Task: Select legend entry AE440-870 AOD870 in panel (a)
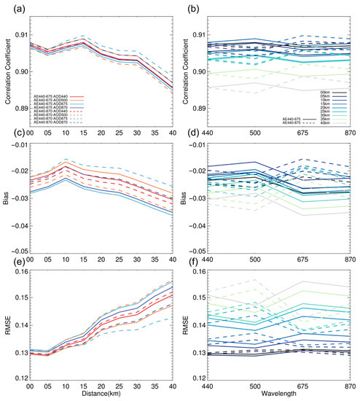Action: click(x=50, y=122)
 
